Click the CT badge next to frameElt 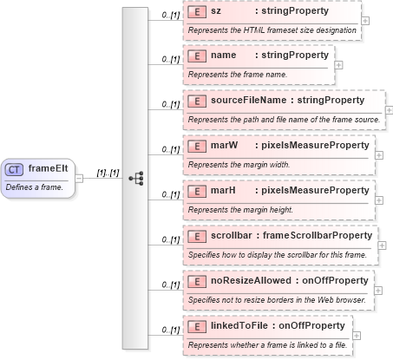coord(15,169)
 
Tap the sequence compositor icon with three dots coord(134,178)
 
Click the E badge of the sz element coord(197,12)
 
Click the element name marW coord(225,146)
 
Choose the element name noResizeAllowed coord(252,280)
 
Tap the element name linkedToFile coord(239,325)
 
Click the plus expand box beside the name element coord(338,64)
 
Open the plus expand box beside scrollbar coord(383,245)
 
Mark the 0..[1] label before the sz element coord(171,15)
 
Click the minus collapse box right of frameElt coord(79,178)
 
